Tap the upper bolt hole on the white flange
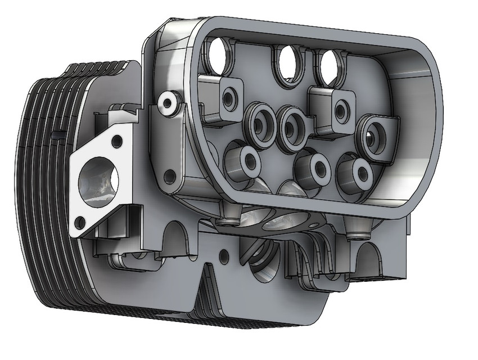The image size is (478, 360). (x=118, y=139)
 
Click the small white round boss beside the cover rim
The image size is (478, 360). (x=166, y=102)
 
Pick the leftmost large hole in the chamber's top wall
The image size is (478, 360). (x=219, y=54)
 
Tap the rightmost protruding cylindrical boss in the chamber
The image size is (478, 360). (x=357, y=173)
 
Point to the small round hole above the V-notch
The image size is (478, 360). (x=224, y=256)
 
